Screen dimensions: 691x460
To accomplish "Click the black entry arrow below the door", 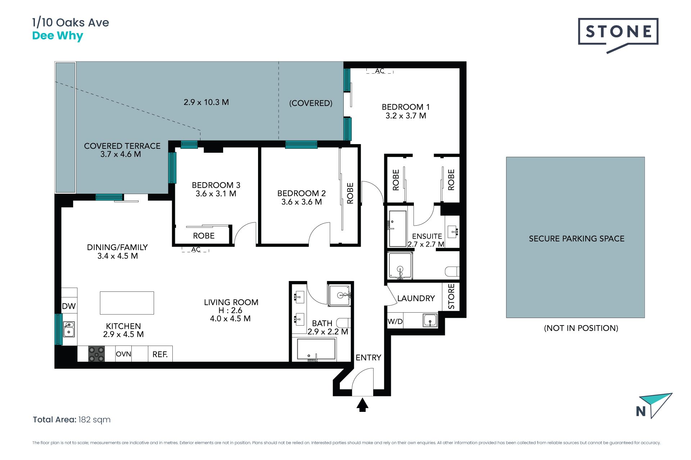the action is (362, 405).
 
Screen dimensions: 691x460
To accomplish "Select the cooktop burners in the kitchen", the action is (96, 354).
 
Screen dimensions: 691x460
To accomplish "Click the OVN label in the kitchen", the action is (123, 354).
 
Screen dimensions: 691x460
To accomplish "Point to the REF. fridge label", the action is (160, 354).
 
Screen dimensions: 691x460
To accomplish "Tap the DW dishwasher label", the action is (69, 306).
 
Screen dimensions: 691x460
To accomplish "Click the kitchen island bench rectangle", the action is (127, 303).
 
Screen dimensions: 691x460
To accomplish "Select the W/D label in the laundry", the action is (395, 321).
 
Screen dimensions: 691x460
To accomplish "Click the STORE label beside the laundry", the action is (451, 296).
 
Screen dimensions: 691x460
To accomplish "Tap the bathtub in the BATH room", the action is (316, 349).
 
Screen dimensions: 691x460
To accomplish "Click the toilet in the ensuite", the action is (452, 271).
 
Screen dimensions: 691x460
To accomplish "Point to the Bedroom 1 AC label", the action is (380, 71).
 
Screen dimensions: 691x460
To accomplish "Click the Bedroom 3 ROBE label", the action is (204, 236).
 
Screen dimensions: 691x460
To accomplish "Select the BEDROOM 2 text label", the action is (302, 193).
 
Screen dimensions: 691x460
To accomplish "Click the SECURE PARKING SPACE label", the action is (577, 239).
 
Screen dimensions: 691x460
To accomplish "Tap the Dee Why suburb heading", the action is (58, 36).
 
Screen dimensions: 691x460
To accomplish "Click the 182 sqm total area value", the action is (94, 420).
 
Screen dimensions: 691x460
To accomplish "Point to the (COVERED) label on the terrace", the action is (311, 103).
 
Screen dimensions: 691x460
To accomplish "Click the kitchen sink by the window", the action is (69, 329).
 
